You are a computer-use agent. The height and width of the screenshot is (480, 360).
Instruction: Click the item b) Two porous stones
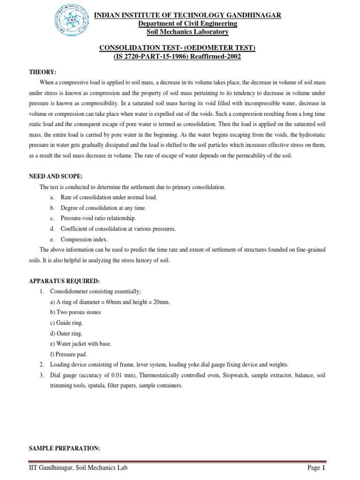[75, 312]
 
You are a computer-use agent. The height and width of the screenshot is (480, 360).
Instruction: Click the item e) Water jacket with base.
[81, 344]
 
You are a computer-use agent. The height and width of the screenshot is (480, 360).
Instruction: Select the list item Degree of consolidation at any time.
[103, 208]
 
